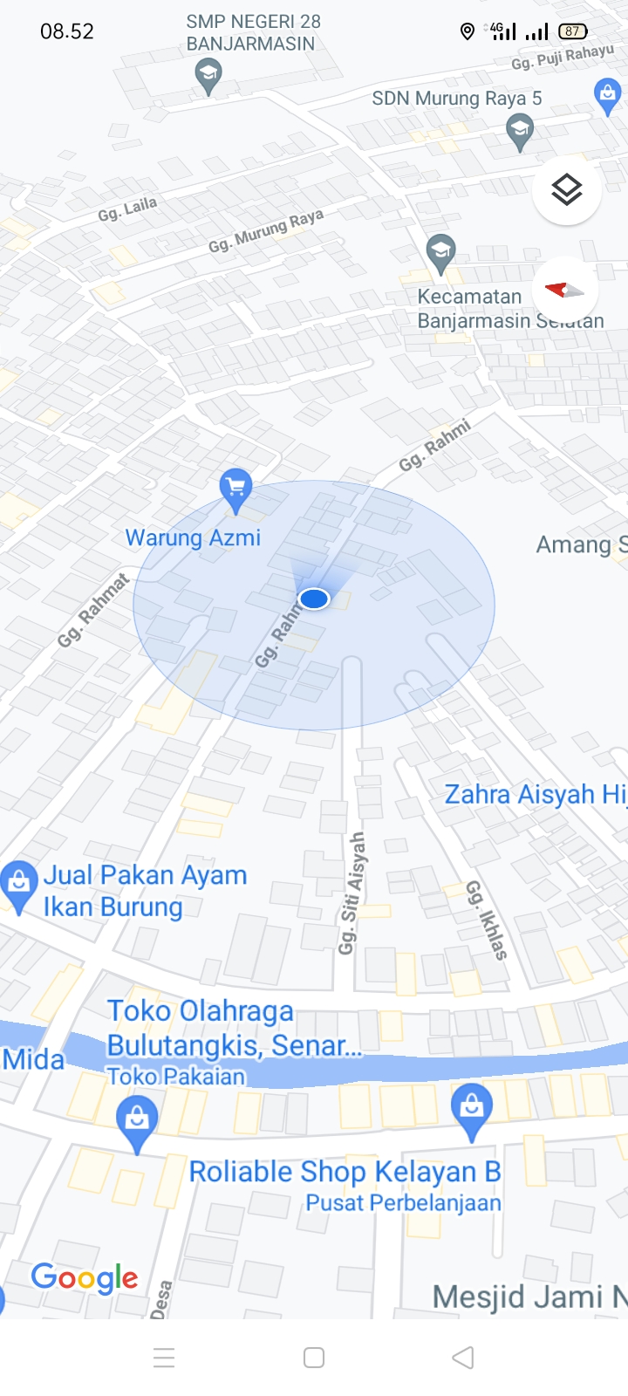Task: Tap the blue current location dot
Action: point(314,599)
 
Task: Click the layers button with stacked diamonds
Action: point(567,189)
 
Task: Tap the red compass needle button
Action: point(564,290)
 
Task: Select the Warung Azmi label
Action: point(193,537)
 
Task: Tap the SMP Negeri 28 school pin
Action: point(208,75)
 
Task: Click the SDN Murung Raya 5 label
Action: point(456,99)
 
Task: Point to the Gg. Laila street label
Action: point(127,209)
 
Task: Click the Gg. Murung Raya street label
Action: point(266,231)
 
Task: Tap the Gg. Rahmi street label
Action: point(434,445)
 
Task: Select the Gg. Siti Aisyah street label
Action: point(352,893)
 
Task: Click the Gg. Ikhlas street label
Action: point(487,920)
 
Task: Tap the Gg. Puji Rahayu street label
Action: point(563,58)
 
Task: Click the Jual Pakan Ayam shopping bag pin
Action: point(18,883)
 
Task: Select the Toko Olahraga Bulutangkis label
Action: point(233,1028)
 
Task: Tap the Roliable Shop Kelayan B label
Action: point(345,1172)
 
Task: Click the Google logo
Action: point(85,1278)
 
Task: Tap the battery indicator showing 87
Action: point(572,31)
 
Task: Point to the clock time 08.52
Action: point(67,31)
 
